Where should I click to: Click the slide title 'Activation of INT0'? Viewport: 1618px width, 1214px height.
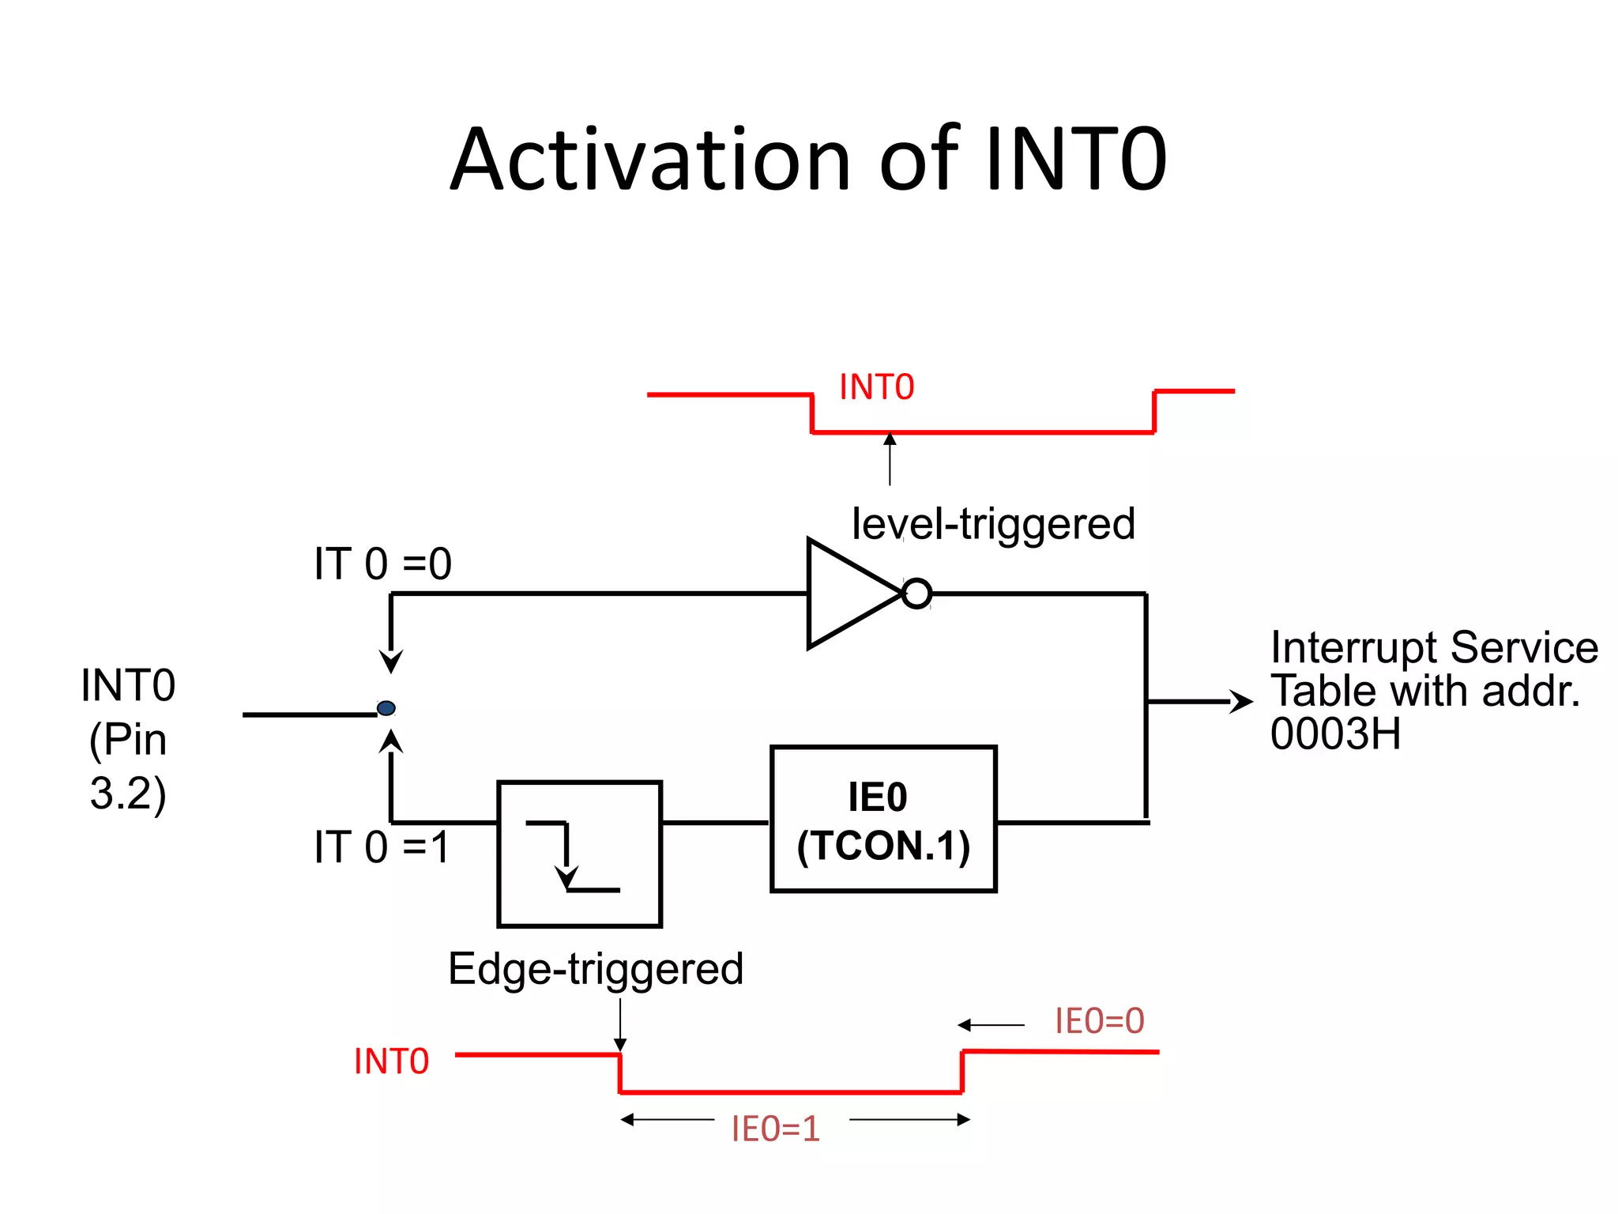click(808, 160)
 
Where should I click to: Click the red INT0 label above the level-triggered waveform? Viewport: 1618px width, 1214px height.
click(876, 387)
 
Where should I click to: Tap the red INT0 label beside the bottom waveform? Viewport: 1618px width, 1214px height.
click(391, 1061)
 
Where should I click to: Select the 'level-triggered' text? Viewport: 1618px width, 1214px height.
click(993, 524)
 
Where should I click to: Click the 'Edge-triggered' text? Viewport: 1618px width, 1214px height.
click(596, 969)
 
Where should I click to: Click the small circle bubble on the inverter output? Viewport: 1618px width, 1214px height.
click(916, 594)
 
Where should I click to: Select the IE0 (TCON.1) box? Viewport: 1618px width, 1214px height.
click(883, 819)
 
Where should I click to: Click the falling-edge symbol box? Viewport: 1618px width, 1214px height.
click(579, 854)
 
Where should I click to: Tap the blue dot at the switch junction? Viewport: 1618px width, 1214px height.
click(386, 708)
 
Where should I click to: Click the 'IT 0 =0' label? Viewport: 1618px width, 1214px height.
click(382, 564)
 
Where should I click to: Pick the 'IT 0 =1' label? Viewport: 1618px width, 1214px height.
click(382, 847)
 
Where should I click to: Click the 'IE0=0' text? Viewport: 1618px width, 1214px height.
click(1099, 1020)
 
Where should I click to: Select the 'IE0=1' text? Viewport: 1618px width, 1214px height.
click(776, 1129)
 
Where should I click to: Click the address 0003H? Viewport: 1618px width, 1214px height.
click(1335, 734)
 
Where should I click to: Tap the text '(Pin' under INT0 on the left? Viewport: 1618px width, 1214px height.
click(128, 740)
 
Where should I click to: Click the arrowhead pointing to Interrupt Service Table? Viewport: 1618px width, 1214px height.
click(1241, 701)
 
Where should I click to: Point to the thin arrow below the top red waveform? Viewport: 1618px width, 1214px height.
click(890, 460)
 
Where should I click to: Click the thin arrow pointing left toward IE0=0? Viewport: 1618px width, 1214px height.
click(991, 1025)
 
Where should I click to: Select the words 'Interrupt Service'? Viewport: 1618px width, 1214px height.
click(1434, 648)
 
